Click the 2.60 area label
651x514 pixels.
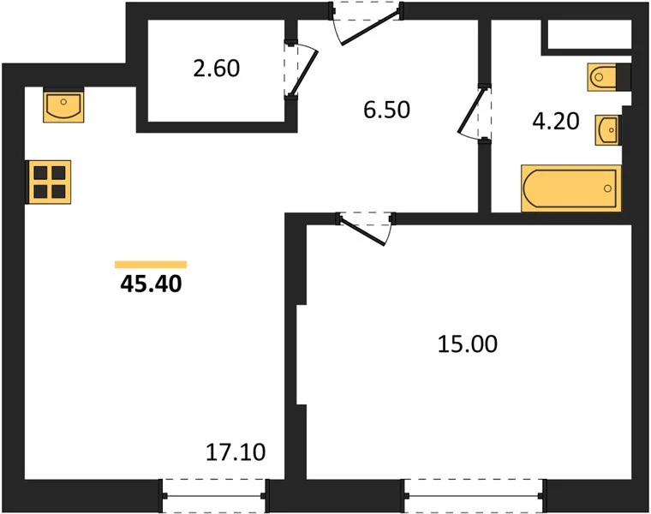click(217, 69)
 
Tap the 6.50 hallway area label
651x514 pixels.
click(386, 110)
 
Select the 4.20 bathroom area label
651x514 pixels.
click(556, 122)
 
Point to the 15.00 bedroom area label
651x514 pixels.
click(468, 344)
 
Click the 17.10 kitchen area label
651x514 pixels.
click(236, 452)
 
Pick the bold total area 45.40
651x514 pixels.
click(151, 284)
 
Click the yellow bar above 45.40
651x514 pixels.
click(151, 265)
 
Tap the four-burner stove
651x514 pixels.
click(49, 182)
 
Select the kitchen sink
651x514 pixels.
click(63, 105)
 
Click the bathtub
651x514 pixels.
click(571, 188)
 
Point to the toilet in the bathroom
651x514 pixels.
click(609, 77)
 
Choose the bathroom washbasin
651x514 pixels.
click(608, 130)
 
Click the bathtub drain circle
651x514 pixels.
click(608, 188)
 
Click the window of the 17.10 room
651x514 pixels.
click(214, 496)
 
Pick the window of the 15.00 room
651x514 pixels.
click(474, 496)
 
